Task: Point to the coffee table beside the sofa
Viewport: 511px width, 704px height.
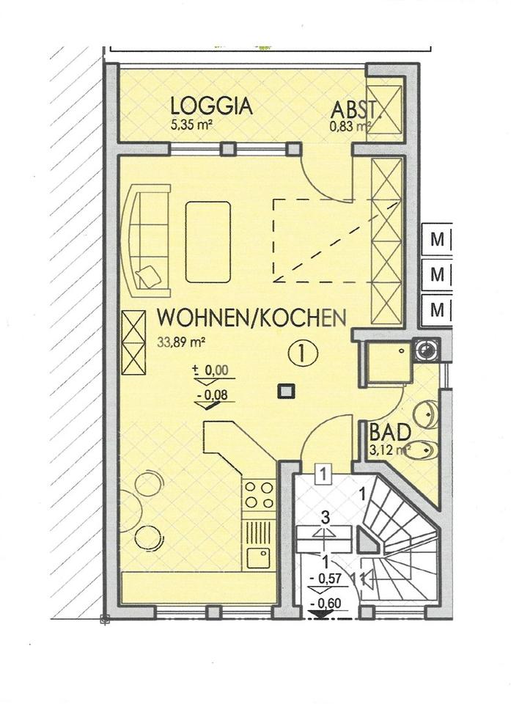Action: [208, 241]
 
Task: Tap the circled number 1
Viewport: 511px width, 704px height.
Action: [303, 353]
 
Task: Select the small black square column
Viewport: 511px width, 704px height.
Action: [284, 392]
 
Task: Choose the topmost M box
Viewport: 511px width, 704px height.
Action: [438, 240]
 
